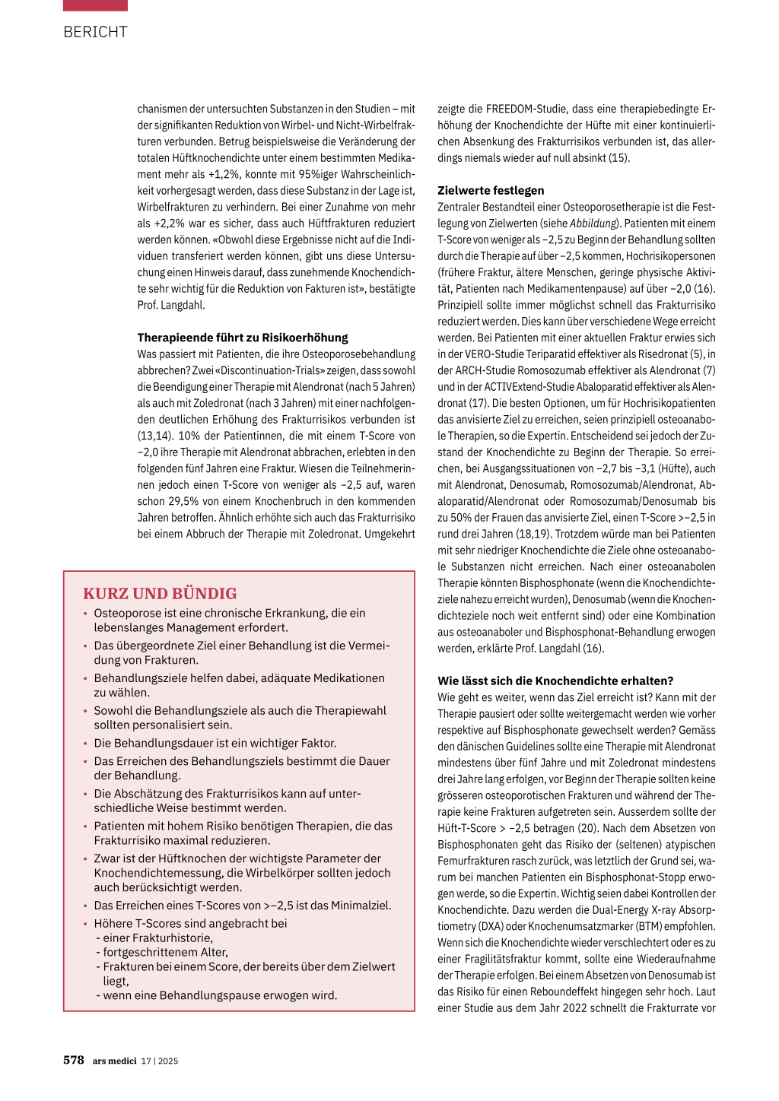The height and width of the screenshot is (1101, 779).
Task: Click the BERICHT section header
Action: [x=95, y=32]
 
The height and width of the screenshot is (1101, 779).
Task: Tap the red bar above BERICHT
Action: [x=95, y=5]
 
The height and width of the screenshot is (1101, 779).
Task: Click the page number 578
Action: [x=74, y=1060]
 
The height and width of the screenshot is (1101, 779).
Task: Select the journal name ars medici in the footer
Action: [x=115, y=1061]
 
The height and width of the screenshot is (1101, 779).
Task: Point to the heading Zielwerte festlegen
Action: [x=491, y=191]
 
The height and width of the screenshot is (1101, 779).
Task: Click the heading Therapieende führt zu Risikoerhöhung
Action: [x=243, y=338]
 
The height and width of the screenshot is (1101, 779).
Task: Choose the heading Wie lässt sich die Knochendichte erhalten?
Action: [x=555, y=681]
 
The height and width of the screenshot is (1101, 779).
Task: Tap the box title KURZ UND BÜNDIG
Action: [x=160, y=594]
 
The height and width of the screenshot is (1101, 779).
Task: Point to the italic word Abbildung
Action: [x=594, y=224]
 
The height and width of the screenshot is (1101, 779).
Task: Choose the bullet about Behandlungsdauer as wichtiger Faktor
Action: [x=215, y=743]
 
